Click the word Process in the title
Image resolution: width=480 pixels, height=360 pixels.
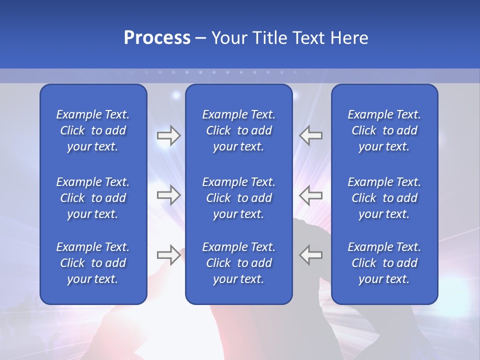(157, 38)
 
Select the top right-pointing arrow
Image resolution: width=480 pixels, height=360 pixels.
(169, 135)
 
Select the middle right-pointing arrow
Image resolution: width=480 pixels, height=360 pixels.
(169, 195)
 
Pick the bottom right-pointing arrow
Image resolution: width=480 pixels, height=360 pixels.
(169, 255)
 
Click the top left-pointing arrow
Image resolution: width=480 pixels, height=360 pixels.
(310, 135)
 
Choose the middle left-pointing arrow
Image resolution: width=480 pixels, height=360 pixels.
(310, 195)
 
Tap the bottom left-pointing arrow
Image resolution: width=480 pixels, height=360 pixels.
(310, 255)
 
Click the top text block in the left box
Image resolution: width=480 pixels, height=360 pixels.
(93, 130)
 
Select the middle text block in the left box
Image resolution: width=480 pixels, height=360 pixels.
(93, 198)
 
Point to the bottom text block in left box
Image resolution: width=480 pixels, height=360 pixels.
(93, 263)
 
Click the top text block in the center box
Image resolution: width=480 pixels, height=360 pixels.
(238, 130)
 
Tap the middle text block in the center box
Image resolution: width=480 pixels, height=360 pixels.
(238, 198)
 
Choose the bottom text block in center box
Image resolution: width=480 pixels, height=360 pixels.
(238, 263)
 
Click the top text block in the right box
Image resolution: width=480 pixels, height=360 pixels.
(384, 130)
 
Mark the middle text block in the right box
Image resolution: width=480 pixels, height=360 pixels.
(384, 198)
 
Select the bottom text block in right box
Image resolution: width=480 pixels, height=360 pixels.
(384, 263)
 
